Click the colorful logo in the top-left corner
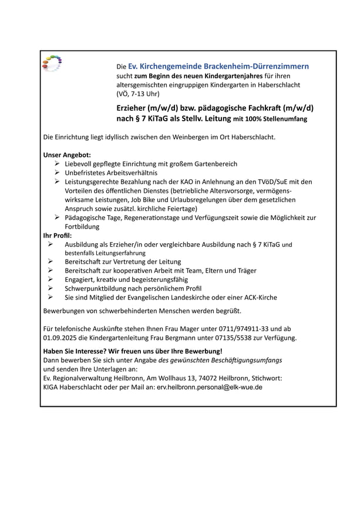52,63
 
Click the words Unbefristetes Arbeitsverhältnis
111,173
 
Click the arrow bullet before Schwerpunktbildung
50,288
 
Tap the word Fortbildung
82,226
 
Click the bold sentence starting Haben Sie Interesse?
133,351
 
